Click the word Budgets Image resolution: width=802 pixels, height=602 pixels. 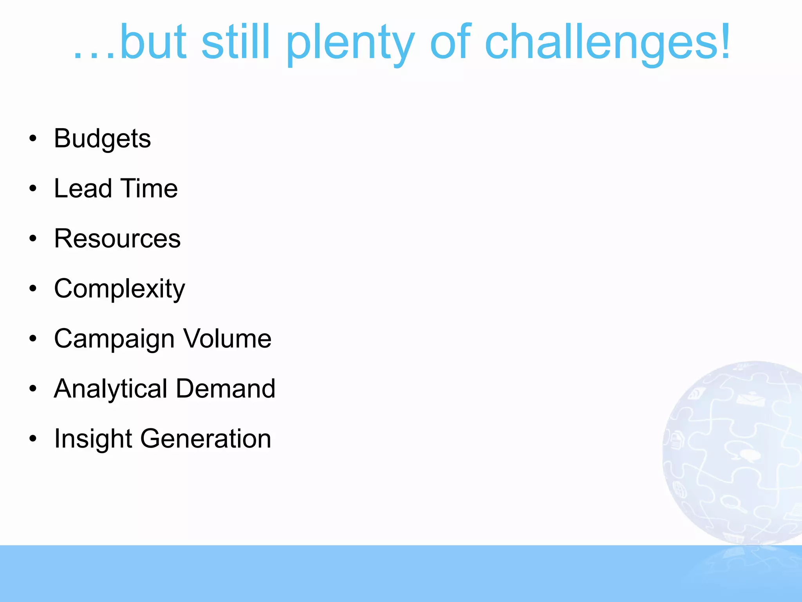coord(102,139)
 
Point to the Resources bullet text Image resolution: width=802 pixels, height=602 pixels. coord(117,238)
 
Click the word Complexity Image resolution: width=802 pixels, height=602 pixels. coord(119,289)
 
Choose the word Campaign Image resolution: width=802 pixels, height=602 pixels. coord(114,339)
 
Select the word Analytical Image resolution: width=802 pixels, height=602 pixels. coord(111,389)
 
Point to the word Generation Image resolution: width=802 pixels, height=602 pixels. coord(206,439)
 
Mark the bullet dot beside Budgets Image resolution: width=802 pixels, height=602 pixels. coord(33,138)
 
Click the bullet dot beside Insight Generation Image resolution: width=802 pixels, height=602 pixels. coord(33,439)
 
